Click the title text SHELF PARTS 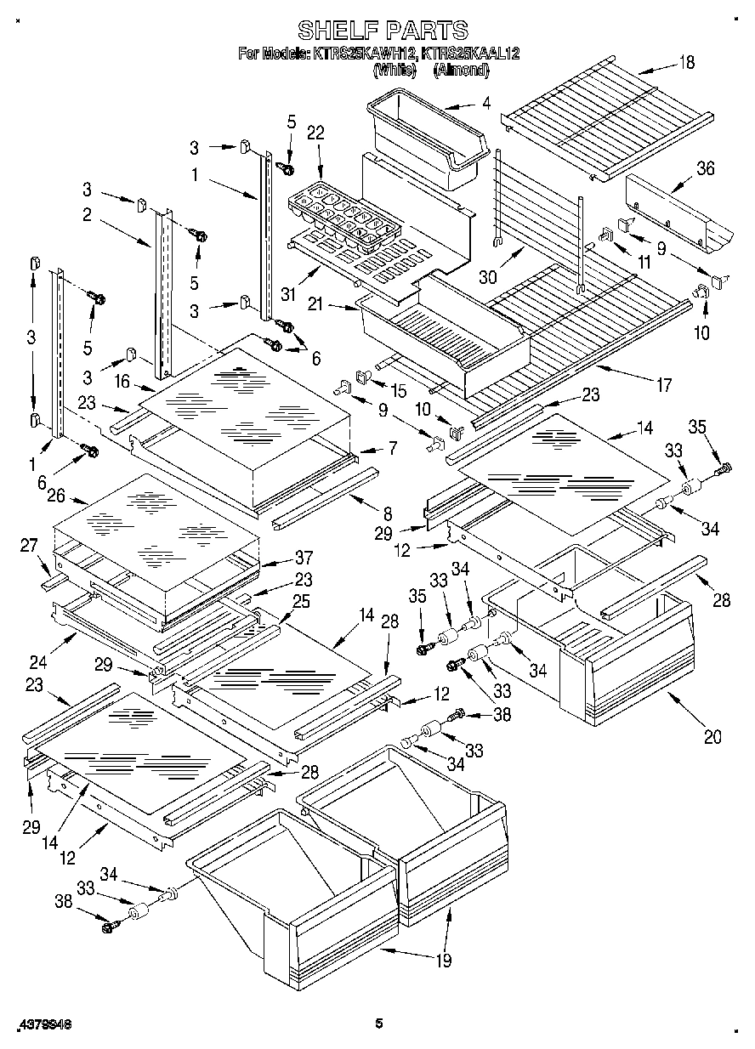[x=383, y=30]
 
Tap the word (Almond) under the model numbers [x=461, y=71]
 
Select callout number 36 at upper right [x=705, y=169]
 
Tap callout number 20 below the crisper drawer [x=712, y=736]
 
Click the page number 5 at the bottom [x=379, y=1024]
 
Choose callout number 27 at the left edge [x=30, y=546]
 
